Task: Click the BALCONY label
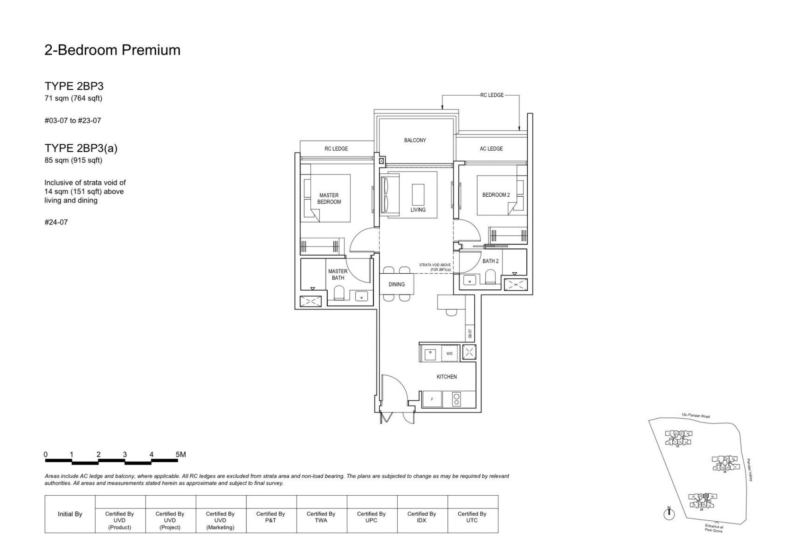click(x=415, y=140)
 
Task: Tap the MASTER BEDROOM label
click(x=329, y=198)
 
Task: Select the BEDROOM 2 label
click(x=496, y=195)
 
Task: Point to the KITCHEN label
click(x=446, y=377)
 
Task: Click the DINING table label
click(x=396, y=284)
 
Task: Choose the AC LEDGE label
click(x=491, y=149)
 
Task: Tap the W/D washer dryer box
click(x=449, y=353)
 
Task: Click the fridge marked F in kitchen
click(x=432, y=399)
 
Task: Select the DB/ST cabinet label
click(x=470, y=334)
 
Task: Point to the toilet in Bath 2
click(x=491, y=277)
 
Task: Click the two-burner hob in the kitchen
click(x=456, y=399)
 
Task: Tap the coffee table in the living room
click(x=418, y=195)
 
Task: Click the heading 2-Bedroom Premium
click(x=112, y=50)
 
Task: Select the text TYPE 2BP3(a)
click(x=81, y=148)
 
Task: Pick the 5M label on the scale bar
click(x=181, y=454)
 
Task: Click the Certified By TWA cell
click(x=321, y=517)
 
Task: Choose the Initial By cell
click(x=70, y=514)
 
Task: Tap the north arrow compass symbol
click(x=669, y=514)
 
